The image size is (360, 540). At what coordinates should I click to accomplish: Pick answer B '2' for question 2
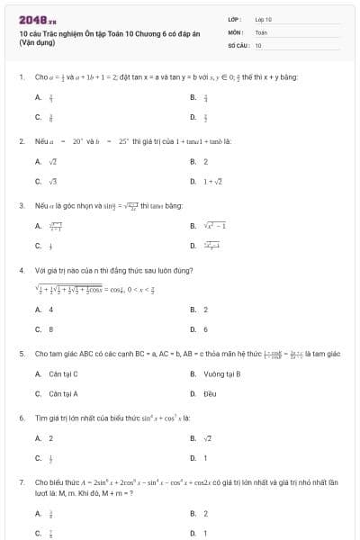tap(205, 162)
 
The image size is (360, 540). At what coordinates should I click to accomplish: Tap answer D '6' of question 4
tap(205, 329)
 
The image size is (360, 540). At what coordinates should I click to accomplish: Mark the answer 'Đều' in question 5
tap(211, 393)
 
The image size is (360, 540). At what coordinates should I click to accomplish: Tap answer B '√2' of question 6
tap(207, 438)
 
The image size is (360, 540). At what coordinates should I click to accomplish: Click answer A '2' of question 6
tap(50, 438)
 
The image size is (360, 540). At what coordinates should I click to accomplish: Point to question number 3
tap(21, 206)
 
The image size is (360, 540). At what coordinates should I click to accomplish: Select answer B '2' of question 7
tap(205, 514)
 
